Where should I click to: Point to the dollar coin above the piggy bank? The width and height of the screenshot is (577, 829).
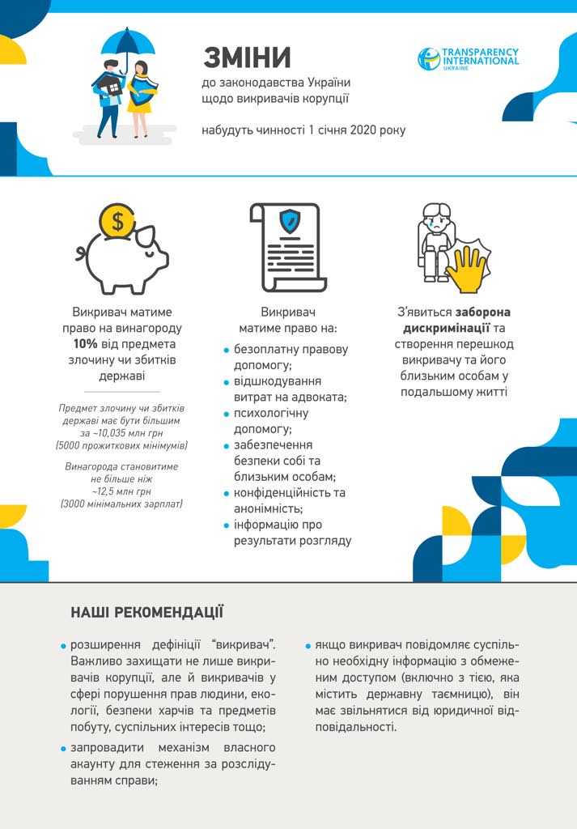click(118, 219)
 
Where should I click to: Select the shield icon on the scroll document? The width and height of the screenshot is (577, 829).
click(289, 220)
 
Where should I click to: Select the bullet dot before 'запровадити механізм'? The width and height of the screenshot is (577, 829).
click(63, 748)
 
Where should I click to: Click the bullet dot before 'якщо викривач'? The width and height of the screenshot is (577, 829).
click(308, 647)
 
